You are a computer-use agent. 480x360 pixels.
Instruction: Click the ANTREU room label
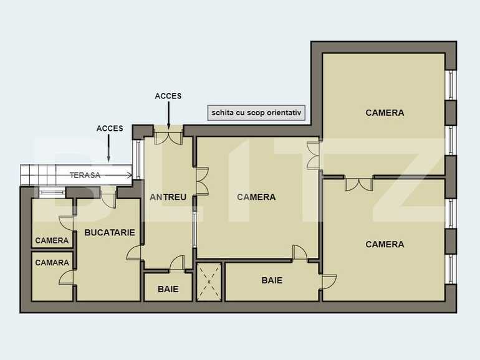(168, 197)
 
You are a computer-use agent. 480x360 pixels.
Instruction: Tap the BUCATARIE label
(110, 232)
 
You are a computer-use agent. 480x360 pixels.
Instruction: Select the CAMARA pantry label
(52, 263)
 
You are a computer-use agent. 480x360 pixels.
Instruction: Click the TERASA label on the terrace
(85, 175)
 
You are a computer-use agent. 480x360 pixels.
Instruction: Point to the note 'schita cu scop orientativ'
(256, 113)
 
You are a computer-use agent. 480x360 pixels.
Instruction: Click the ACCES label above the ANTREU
(168, 96)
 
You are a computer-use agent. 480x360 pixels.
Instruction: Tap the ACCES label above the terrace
(110, 128)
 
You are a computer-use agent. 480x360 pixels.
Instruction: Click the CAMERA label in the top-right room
(385, 113)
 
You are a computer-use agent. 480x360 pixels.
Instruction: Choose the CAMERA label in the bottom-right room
(385, 244)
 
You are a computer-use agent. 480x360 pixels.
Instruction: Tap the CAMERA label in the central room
(256, 197)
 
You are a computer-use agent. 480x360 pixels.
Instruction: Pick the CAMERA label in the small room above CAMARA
(52, 240)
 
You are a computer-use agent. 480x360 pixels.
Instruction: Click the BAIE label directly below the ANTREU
(168, 289)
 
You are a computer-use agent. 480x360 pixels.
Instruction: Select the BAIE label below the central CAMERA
(272, 280)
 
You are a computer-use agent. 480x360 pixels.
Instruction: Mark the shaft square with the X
(209, 282)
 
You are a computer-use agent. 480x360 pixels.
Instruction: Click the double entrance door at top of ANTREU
(168, 136)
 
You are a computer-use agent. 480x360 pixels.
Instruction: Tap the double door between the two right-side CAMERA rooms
(358, 183)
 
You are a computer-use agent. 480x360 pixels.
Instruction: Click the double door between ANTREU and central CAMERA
(201, 181)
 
